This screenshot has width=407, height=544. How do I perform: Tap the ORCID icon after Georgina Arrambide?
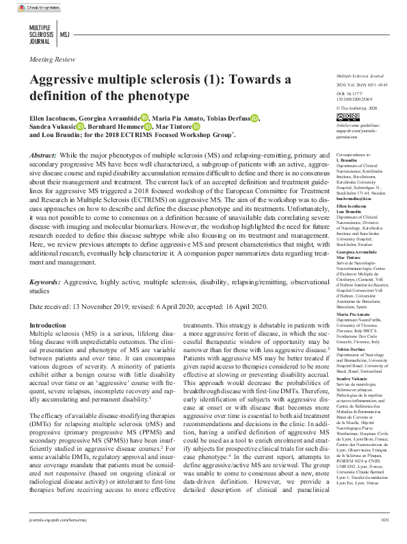(x=144, y=117)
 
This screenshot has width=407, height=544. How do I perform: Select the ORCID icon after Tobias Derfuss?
(x=254, y=117)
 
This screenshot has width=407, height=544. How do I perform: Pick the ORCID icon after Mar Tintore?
(x=196, y=127)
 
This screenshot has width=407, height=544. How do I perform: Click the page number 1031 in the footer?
(x=384, y=539)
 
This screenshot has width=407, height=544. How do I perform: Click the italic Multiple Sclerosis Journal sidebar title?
(x=361, y=75)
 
